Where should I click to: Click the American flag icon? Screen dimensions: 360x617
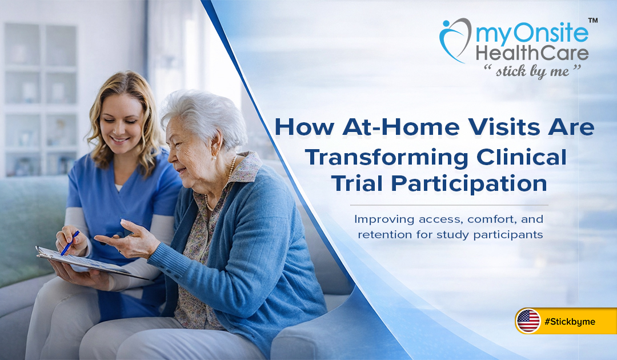tap(528, 321)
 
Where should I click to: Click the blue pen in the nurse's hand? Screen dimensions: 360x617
tap(70, 242)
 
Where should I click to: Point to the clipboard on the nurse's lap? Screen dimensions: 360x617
tap(86, 263)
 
